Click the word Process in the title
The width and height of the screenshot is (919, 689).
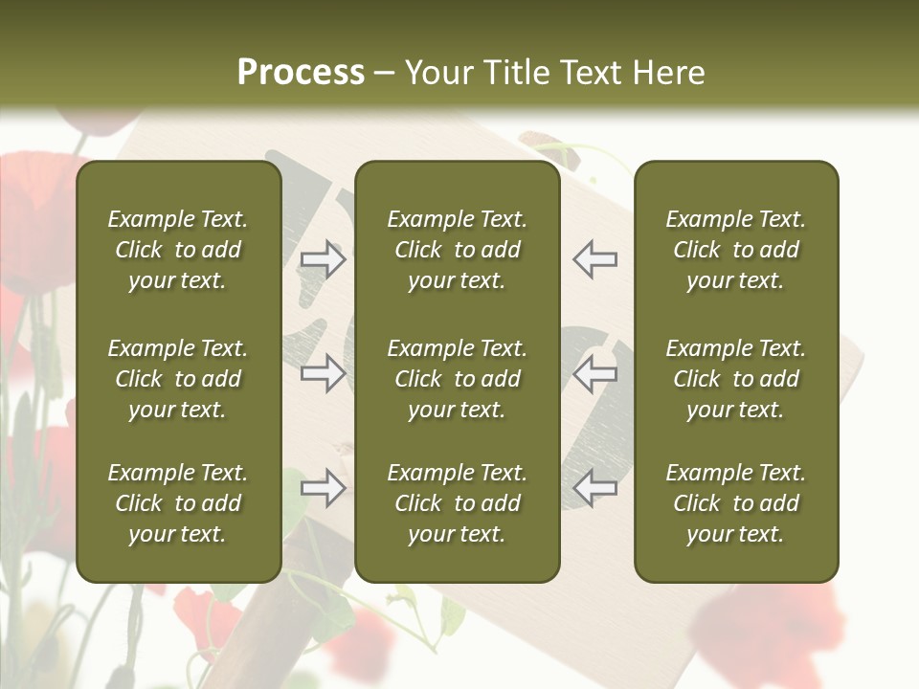pos(301,73)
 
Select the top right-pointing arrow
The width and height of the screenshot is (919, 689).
pos(324,259)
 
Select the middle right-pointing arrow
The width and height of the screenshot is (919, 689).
pos(324,373)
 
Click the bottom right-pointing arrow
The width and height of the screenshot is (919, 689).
pos(324,488)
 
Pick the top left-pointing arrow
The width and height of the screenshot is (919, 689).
pos(595,259)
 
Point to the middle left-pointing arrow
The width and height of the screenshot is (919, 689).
pos(595,373)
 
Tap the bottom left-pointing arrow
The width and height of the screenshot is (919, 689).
pos(595,488)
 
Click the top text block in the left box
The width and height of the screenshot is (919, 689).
pos(178,250)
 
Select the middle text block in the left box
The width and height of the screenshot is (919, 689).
pos(178,379)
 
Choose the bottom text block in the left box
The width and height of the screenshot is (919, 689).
pos(178,503)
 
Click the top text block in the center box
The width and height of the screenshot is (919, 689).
pos(457,250)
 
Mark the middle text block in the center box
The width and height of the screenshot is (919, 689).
pos(457,379)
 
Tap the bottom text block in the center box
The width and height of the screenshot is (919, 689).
pos(457,503)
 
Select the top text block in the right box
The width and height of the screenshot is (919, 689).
pos(735,250)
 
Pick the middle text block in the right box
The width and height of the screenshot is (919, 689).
pos(735,379)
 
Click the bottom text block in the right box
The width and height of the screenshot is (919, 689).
pos(735,503)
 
